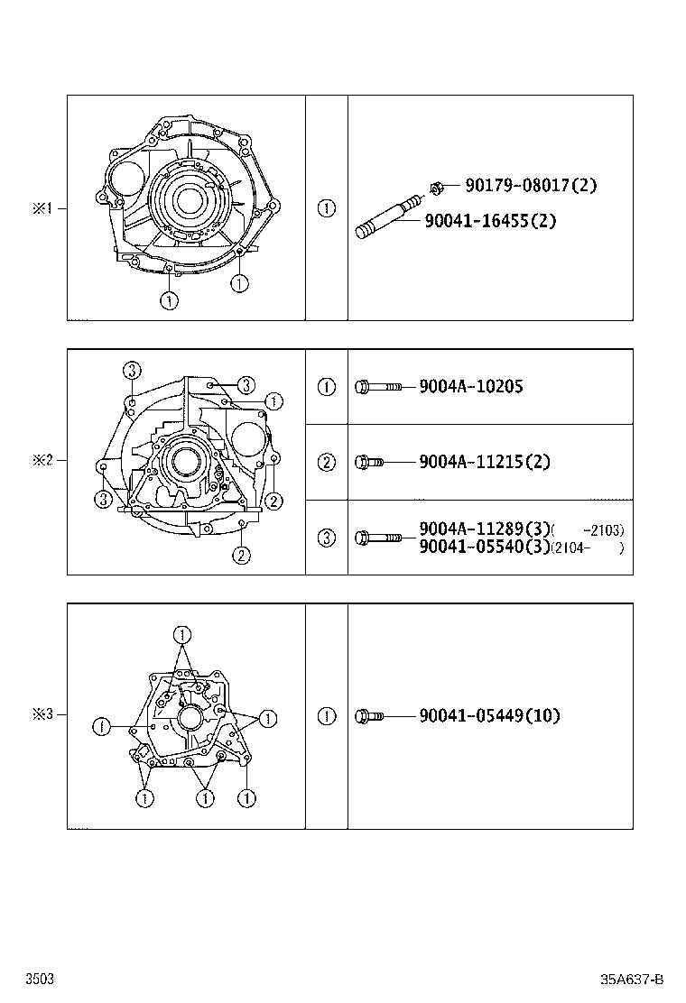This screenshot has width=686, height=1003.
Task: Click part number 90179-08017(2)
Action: [x=531, y=186]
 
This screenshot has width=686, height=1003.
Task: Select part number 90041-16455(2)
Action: [x=490, y=220]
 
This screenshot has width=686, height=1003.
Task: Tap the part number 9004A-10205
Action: [x=470, y=386]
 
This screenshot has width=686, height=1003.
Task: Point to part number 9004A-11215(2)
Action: [x=484, y=462]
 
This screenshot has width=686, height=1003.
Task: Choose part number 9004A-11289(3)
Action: [x=484, y=529]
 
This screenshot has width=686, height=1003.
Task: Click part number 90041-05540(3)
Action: [x=484, y=547]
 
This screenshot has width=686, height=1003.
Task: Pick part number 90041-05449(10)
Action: [x=489, y=716]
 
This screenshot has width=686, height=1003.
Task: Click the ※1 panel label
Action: [x=43, y=208]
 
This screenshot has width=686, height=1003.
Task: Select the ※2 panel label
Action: [x=43, y=460]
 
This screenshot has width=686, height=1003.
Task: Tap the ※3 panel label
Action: [x=43, y=714]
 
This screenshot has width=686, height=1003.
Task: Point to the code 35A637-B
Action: [x=633, y=980]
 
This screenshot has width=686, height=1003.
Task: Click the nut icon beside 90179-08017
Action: [x=435, y=188]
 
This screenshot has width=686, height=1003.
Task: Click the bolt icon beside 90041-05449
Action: [x=370, y=717]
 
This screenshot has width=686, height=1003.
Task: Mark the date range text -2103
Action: [x=604, y=530]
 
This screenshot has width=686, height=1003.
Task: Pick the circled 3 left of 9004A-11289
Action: [x=327, y=538]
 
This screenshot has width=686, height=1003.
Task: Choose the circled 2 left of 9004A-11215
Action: [x=327, y=462]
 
